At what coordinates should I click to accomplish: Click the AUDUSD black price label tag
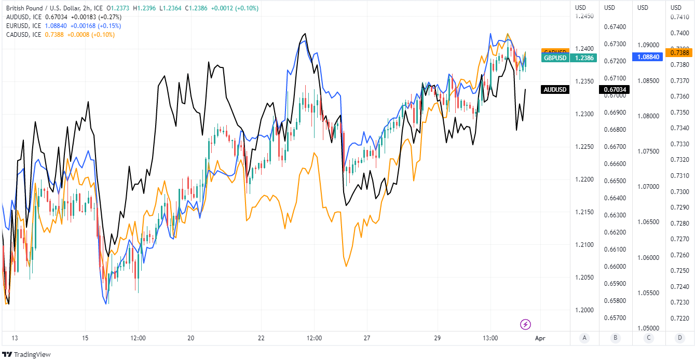pos(555,90)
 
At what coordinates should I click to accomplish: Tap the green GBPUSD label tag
pos(555,58)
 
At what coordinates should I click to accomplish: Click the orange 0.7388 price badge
pos(679,52)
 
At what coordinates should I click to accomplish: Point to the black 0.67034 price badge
pos(615,90)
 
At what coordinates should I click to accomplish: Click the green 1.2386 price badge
pos(584,58)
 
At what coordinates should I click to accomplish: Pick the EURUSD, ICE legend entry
pos(23,25)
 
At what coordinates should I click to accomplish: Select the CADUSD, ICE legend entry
pos(23,34)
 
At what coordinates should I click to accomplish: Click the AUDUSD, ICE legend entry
pos(23,17)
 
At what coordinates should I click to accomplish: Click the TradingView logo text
pos(32,354)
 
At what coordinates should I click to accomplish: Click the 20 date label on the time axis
pos(190,338)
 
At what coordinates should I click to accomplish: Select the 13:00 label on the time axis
pos(490,338)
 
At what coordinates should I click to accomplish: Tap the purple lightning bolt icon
pos(525,325)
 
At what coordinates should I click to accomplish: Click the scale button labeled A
pos(584,338)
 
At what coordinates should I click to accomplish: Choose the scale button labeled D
pos(679,338)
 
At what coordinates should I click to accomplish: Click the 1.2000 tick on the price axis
pos(584,310)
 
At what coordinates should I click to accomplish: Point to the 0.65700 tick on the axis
pos(615,317)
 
